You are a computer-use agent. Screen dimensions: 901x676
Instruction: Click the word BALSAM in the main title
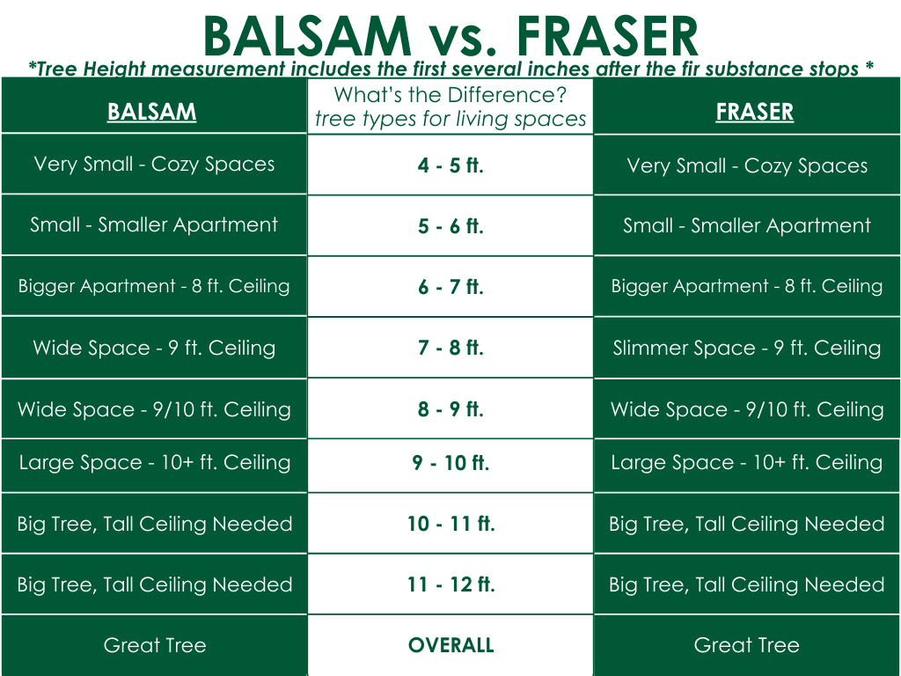[307, 37]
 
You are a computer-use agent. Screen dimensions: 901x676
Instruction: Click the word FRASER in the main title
[607, 37]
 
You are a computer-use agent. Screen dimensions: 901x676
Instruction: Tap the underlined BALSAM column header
[151, 112]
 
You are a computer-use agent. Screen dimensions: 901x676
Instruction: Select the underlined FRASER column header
[754, 112]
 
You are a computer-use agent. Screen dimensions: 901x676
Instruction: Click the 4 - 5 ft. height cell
[450, 165]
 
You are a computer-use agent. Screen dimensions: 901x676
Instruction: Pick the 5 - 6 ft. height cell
[450, 226]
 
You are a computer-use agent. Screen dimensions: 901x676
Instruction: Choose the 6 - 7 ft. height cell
[450, 286]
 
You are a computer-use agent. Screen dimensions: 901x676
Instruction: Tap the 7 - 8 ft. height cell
[450, 347]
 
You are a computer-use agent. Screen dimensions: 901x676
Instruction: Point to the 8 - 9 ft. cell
[450, 408]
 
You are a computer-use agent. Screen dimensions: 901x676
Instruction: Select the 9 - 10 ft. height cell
[450, 463]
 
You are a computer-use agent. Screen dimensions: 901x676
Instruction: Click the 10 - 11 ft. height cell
[450, 524]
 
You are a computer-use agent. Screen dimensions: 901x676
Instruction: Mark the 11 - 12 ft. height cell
[450, 584]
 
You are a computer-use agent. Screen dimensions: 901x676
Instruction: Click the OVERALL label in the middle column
[450, 645]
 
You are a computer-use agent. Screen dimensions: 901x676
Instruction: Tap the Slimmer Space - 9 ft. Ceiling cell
[746, 348]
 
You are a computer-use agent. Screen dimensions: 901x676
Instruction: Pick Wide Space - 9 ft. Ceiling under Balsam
[154, 348]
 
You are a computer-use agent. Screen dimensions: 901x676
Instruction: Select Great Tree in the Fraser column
[746, 645]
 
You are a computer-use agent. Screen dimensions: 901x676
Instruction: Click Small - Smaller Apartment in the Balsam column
[154, 224]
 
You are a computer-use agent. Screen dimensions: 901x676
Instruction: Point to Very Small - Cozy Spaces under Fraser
[746, 166]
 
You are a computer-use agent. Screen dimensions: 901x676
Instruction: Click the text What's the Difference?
[450, 95]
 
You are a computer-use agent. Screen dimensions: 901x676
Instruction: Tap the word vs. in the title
[464, 41]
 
